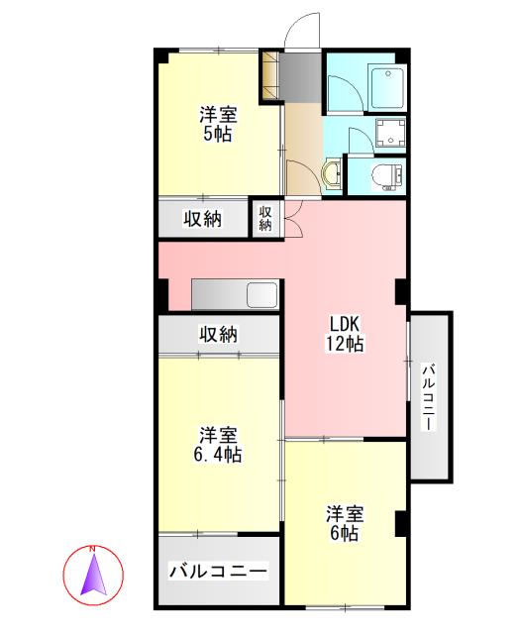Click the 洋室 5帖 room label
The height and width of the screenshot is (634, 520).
[x=218, y=124]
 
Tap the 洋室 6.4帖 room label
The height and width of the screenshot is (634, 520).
[x=218, y=445]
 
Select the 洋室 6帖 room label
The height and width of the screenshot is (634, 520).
[x=345, y=523]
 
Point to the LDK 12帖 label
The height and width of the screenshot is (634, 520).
[x=345, y=333]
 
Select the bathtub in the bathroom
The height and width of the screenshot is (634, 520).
[x=386, y=87]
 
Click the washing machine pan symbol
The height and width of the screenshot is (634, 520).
[x=390, y=133]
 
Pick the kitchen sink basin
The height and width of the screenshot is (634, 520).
[x=262, y=294]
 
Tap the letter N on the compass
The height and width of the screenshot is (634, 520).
[x=92, y=549]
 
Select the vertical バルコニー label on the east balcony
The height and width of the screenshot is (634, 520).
[x=430, y=397]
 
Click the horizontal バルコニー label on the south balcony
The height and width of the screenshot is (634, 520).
[x=218, y=572]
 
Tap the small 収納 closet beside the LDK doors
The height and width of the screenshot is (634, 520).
[x=265, y=219]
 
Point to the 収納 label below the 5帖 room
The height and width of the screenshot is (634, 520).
[x=203, y=220]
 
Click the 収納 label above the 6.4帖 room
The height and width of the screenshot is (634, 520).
[x=218, y=335]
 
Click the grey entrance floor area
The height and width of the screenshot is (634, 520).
[x=300, y=77]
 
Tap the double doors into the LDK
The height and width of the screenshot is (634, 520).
[x=294, y=219]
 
